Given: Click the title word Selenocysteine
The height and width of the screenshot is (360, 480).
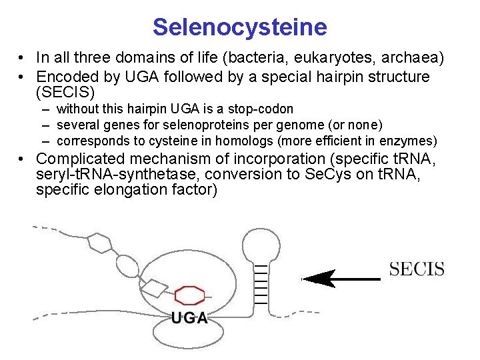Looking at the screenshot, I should pos(239,27).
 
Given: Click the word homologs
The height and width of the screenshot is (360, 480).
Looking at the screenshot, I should pos(233,141).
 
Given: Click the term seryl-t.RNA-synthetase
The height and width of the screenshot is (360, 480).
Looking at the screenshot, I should pos(120,175).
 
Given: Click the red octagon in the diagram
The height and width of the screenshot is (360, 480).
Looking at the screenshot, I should pos(189,294).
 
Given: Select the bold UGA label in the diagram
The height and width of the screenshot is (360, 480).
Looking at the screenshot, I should pos(189,318).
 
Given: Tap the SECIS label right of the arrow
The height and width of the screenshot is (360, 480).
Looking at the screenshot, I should pos(417,270).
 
